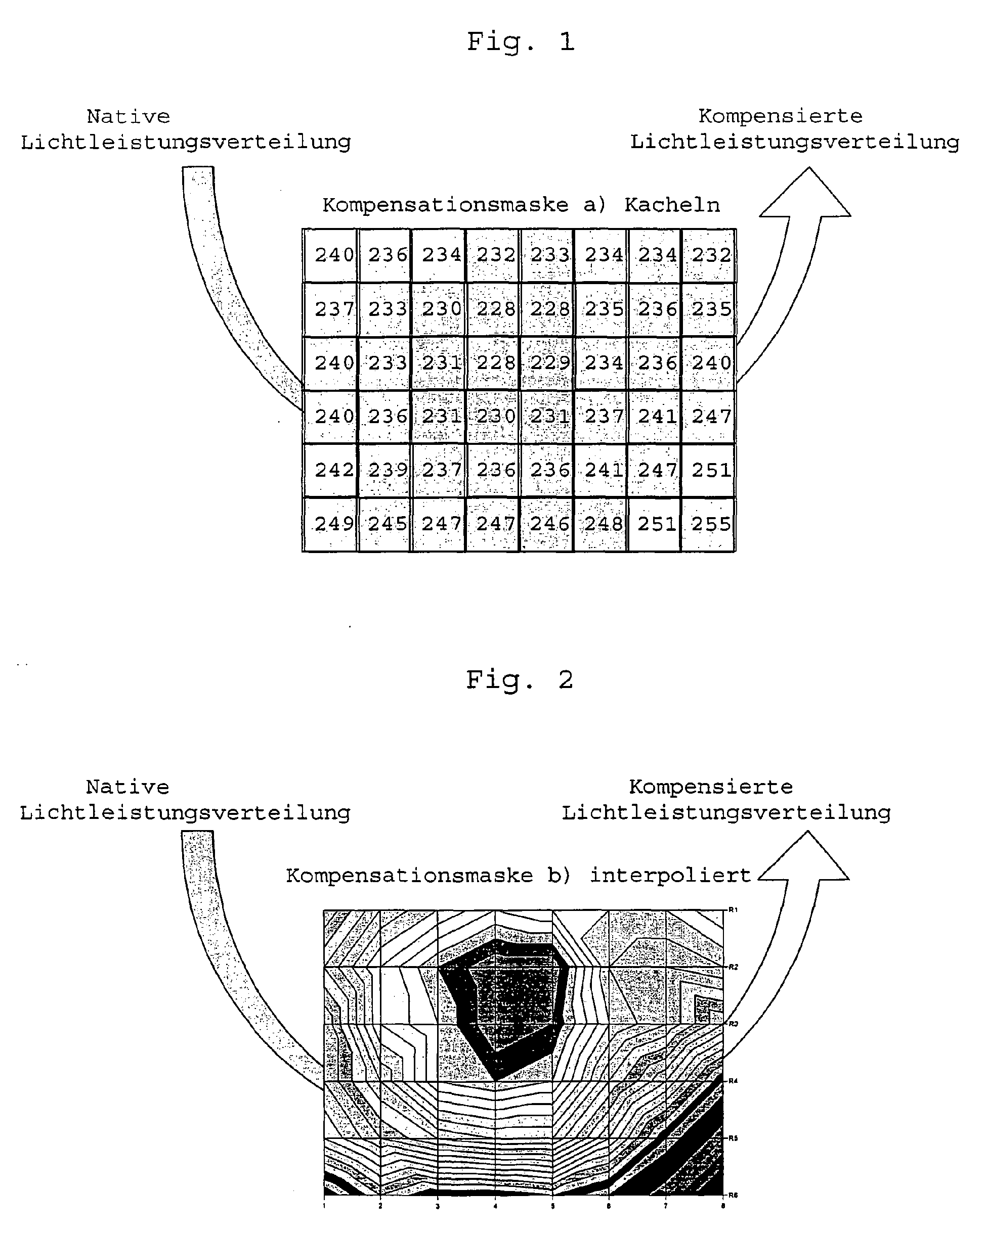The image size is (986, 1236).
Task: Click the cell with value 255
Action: coord(710,524)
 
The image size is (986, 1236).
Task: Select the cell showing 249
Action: coord(334,524)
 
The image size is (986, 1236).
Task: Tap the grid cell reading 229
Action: coord(549,363)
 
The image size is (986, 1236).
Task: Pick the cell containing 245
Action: coord(387,524)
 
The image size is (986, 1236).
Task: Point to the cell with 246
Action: coord(549,524)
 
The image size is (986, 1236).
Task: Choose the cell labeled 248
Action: coord(603,524)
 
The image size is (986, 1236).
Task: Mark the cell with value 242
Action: coord(334,470)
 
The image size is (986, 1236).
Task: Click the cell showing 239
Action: coord(387,470)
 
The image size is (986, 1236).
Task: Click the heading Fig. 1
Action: coord(520,42)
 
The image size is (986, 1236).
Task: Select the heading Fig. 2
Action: coord(519,680)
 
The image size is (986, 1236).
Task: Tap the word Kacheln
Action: coord(672,205)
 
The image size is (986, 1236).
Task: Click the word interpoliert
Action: coord(670,876)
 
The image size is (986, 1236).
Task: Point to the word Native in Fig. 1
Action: coord(128,117)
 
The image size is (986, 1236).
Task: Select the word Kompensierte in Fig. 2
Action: coord(711,787)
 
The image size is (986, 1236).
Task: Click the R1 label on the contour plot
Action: coord(733,910)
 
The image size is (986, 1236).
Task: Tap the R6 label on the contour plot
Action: coord(733,1195)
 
